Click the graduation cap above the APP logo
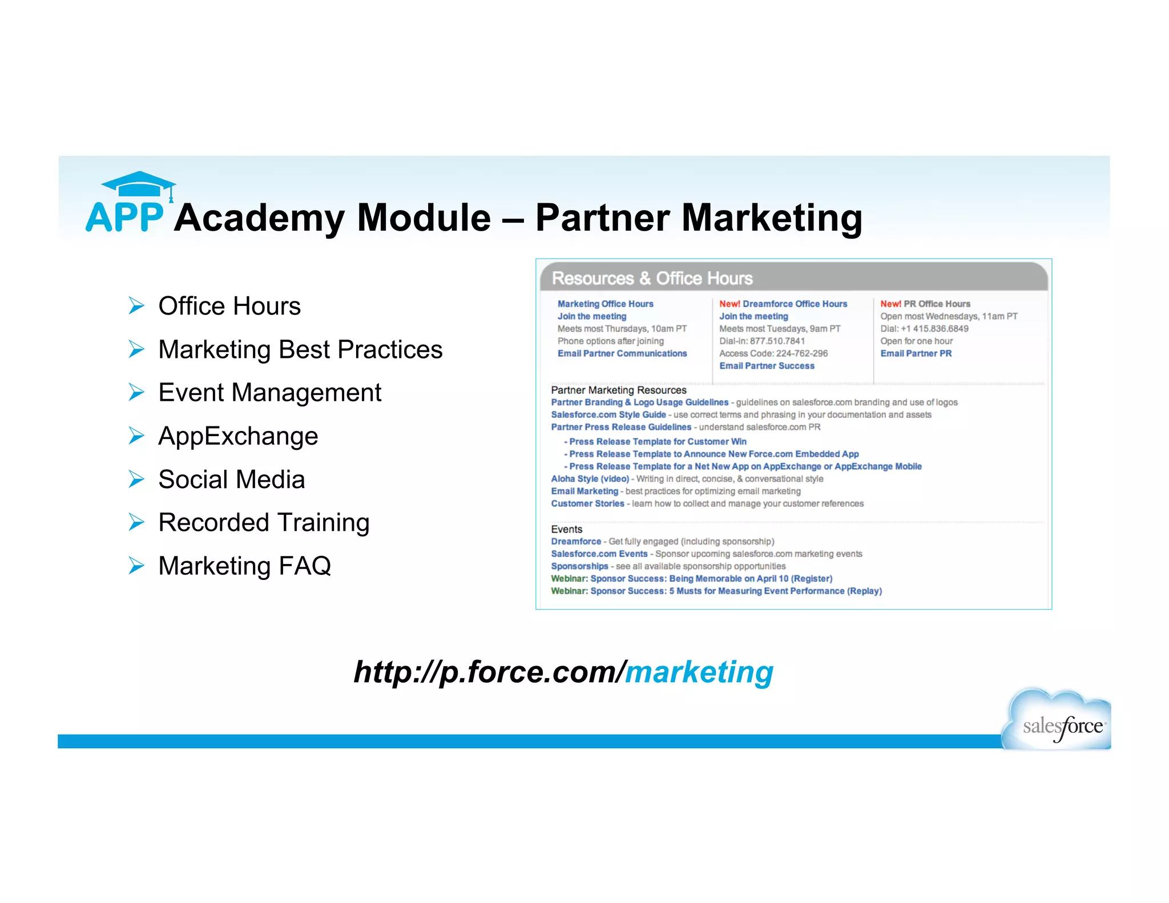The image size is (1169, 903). [x=138, y=184]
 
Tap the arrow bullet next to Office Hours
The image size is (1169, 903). [x=136, y=306]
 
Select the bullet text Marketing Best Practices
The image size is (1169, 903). [x=300, y=349]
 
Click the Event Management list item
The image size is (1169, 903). [x=269, y=393]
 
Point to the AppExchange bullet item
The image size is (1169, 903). [x=238, y=436]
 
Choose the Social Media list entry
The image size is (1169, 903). [x=231, y=479]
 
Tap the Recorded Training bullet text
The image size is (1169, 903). [x=264, y=522]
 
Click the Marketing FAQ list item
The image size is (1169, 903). [x=244, y=566]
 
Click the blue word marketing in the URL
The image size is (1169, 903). [x=699, y=672]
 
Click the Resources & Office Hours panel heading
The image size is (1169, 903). [x=652, y=278]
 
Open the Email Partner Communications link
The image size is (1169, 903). [x=622, y=353]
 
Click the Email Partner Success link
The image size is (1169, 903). [x=767, y=366]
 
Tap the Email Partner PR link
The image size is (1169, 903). [x=916, y=353]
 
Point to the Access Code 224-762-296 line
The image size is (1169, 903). [x=773, y=353]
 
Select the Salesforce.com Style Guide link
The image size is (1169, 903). [x=608, y=415]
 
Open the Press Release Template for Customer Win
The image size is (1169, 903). [x=658, y=442]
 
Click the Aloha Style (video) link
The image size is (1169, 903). [x=590, y=479]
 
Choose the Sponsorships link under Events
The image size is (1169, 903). [x=579, y=566]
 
